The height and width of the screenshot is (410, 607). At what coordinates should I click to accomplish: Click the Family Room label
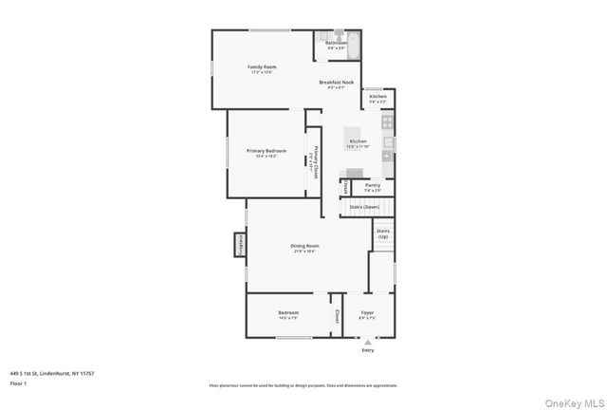click(262, 67)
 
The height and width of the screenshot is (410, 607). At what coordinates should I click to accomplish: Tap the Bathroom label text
click(336, 43)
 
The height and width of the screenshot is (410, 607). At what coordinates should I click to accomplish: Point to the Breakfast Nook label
click(336, 84)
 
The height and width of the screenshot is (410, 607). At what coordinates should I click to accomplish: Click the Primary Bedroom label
click(267, 151)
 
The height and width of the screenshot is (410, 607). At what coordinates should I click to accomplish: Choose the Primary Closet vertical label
click(315, 161)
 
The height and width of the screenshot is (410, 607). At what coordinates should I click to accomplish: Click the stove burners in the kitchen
click(387, 121)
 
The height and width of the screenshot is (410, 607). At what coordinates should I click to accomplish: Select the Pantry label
click(373, 185)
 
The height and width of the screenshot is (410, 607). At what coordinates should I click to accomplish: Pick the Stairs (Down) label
click(364, 206)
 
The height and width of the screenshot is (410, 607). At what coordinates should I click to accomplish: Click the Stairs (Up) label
click(383, 233)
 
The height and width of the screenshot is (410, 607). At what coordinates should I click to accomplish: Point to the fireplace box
click(240, 245)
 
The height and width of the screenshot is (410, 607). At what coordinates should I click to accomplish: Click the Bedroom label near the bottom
click(288, 312)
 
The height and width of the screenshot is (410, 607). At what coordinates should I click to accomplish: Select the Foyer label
click(367, 312)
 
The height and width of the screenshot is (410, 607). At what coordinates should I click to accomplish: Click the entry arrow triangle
click(368, 341)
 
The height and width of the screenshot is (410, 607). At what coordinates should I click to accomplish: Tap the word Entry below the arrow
click(368, 350)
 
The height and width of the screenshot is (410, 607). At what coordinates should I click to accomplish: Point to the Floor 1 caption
click(19, 383)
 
